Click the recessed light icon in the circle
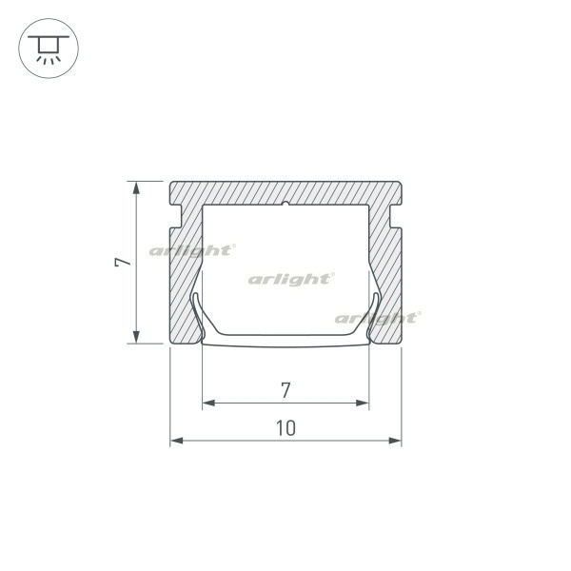(x=49, y=49)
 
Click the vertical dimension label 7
(x=123, y=263)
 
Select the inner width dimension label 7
(x=285, y=390)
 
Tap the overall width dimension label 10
(x=285, y=428)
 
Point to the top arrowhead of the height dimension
(x=136, y=187)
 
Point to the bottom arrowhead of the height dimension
(x=136, y=337)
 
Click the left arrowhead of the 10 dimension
(x=177, y=441)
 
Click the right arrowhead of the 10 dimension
(x=395, y=441)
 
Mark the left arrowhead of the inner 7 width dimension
(x=208, y=403)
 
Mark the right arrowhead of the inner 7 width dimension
(x=363, y=403)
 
